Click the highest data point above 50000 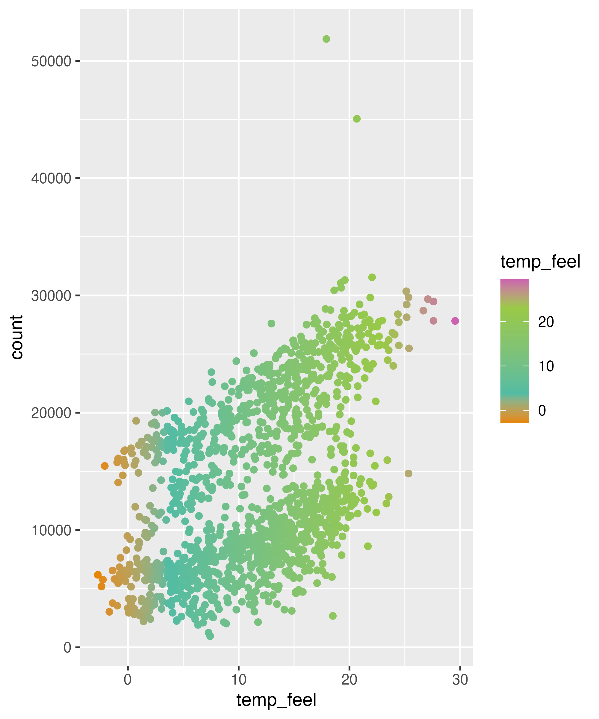click(326, 39)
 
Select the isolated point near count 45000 click(357, 119)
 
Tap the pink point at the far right click(455, 321)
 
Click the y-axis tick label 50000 click(51, 61)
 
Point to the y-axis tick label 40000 click(51, 178)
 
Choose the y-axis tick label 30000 click(51, 296)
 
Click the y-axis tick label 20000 click(51, 413)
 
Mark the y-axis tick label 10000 click(51, 530)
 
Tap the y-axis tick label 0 click(67, 647)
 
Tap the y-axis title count click(17, 337)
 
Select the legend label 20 click(546, 322)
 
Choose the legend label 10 click(546, 366)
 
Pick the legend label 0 click(542, 410)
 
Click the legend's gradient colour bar click(515, 351)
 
